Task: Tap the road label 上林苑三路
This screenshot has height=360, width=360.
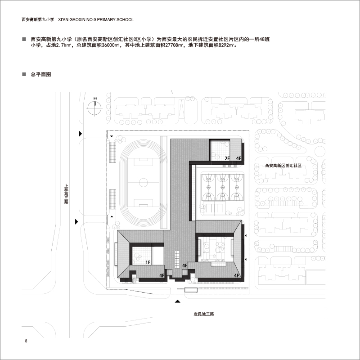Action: [x=66, y=194]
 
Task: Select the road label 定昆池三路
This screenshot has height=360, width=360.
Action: [x=204, y=314]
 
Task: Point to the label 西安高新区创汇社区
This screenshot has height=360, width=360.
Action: [x=283, y=166]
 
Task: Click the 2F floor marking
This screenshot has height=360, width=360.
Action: [x=227, y=158]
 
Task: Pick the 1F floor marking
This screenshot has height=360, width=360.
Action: [x=148, y=262]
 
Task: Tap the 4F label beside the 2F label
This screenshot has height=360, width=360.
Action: [x=239, y=158]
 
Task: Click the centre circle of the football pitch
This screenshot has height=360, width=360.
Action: [x=143, y=183]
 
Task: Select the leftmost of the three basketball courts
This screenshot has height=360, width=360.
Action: [x=208, y=187]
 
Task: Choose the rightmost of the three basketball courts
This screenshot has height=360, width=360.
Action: [x=237, y=187]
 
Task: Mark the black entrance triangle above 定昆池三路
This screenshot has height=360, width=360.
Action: [x=177, y=301]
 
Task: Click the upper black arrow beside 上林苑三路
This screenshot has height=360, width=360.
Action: [x=81, y=133]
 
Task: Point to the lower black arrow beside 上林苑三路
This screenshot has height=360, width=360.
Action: [x=76, y=221]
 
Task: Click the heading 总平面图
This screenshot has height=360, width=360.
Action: [x=41, y=74]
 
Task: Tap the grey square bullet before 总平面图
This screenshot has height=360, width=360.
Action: [x=24, y=74]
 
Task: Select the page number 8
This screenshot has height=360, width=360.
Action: [x=26, y=341]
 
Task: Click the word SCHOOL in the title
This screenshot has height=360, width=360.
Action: [x=125, y=20]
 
